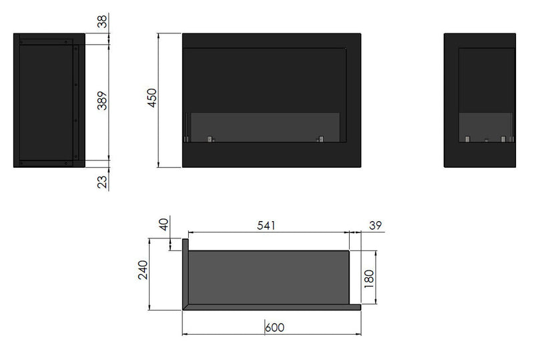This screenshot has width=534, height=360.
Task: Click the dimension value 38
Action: pos(102,21)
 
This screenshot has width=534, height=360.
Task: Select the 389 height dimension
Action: pos(102,102)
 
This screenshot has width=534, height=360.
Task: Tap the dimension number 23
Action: pos(102,181)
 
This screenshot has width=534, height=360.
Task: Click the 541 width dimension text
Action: pos(266,226)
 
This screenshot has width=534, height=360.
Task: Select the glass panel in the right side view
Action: pos(486,126)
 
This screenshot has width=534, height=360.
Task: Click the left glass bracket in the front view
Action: pos(210,139)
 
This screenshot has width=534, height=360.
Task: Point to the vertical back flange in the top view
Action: pos(186,274)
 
